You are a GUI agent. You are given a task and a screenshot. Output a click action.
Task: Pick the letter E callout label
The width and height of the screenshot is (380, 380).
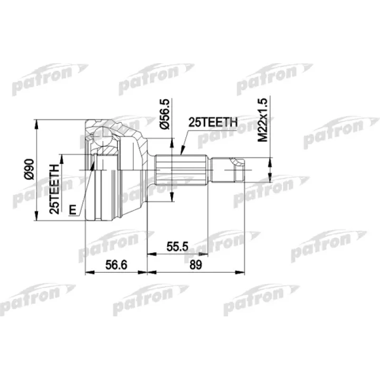72,209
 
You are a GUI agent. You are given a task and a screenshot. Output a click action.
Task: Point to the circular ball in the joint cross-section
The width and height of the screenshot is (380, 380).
104,138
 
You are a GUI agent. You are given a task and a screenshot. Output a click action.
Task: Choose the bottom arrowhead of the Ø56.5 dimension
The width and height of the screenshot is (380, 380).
170,199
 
